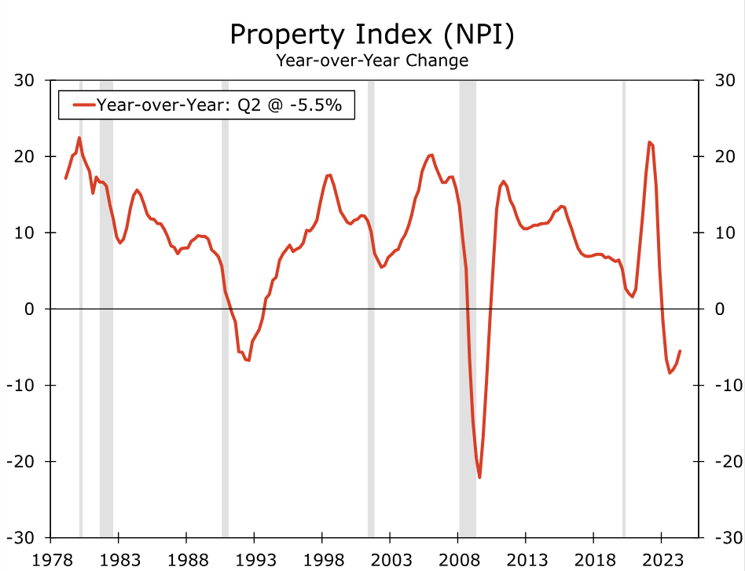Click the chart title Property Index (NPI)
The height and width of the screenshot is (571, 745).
pos(372,35)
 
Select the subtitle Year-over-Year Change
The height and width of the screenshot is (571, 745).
pos(372,60)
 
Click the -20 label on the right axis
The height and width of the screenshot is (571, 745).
pos(724,461)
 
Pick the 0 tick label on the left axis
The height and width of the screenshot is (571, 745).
pos(30,309)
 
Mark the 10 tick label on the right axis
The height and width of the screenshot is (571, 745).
pos(724,233)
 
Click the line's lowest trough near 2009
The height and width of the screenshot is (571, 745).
pos(479,478)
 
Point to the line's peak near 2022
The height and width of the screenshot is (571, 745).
pos(649,142)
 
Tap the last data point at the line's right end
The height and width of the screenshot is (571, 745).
pos(680,351)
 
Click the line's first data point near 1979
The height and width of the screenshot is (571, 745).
pos(65,178)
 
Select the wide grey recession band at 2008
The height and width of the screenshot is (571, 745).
pos(468,314)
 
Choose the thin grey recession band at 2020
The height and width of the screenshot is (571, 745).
pos(624,314)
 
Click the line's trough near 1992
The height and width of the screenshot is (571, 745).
pos(248,361)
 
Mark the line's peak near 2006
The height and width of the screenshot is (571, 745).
pos(431,155)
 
